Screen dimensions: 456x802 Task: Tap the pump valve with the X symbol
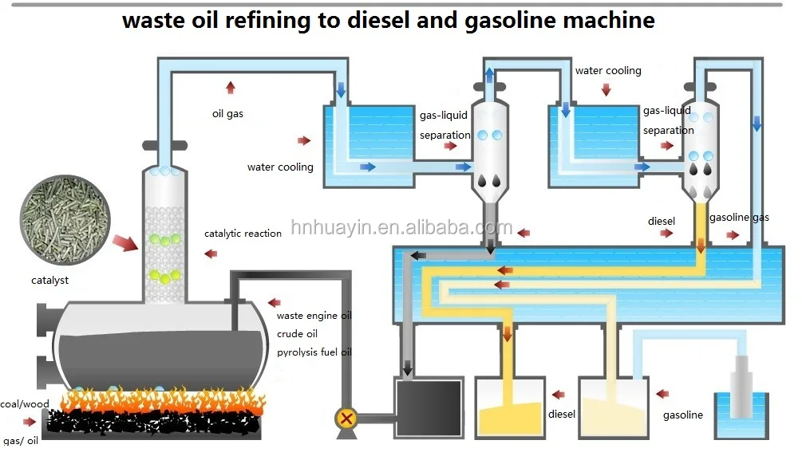(x=346, y=417)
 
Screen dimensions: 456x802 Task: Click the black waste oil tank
(x=429, y=407)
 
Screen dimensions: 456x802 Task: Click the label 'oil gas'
(x=227, y=114)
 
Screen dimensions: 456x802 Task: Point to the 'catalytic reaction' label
(x=243, y=234)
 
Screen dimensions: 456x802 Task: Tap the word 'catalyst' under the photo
(x=50, y=280)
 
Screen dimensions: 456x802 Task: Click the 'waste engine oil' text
(x=314, y=316)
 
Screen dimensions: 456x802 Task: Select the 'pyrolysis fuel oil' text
(x=314, y=352)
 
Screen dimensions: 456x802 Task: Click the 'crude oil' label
(x=298, y=334)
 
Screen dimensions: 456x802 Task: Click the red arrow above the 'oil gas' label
(x=231, y=87)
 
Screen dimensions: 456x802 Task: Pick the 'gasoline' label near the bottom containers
(x=683, y=415)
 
